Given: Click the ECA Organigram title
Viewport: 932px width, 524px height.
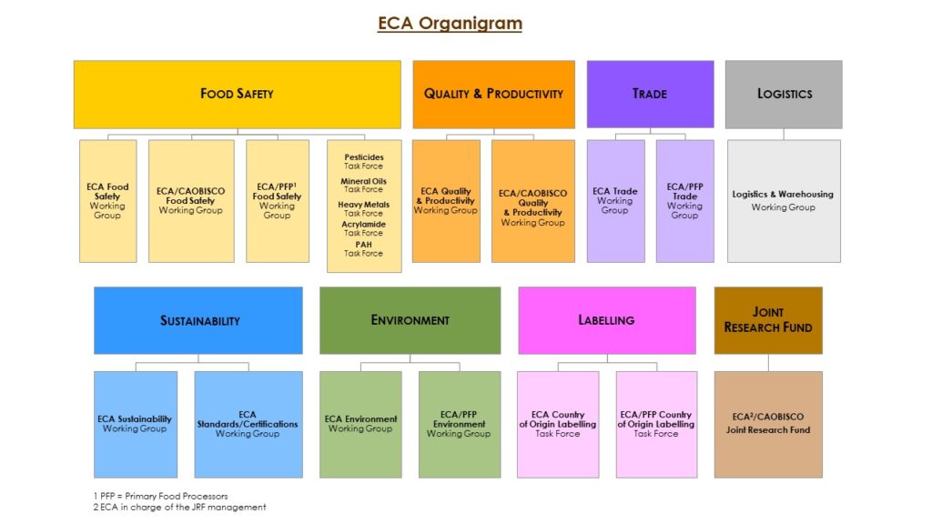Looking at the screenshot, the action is tap(450, 24).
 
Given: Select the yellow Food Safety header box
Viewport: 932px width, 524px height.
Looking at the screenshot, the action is tap(238, 95).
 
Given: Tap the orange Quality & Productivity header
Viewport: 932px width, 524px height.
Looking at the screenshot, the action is tap(494, 95).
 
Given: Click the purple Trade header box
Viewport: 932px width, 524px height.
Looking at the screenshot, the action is tap(650, 95).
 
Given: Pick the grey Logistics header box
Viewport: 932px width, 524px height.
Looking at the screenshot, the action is tap(784, 95).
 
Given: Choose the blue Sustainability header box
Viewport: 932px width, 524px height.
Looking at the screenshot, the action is tap(198, 321).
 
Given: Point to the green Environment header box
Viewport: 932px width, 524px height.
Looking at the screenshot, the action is tap(410, 321).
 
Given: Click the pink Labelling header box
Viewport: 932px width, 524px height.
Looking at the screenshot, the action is tap(607, 321).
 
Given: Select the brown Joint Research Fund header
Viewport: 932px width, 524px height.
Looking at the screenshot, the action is tap(768, 321).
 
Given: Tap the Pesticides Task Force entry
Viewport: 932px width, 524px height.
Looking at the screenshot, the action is tap(364, 162).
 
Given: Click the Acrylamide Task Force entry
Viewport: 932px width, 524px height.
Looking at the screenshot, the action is tap(364, 228).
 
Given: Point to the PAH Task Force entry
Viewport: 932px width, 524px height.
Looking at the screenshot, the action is tap(364, 249).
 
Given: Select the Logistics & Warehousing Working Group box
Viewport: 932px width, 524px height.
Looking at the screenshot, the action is tap(784, 201).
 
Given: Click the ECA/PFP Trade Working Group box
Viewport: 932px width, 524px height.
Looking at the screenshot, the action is tap(684, 201).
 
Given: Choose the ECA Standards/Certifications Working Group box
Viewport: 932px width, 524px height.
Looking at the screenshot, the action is tap(248, 425).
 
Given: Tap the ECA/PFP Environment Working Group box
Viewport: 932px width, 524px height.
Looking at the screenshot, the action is tap(460, 425).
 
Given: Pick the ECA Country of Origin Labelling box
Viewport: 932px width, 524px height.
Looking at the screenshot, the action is tap(558, 425).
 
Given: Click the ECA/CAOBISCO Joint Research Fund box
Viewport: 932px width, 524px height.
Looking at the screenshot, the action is tap(768, 425).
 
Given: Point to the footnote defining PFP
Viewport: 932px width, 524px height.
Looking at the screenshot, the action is tap(160, 496).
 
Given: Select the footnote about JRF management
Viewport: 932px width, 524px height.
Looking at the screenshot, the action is tap(179, 508).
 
